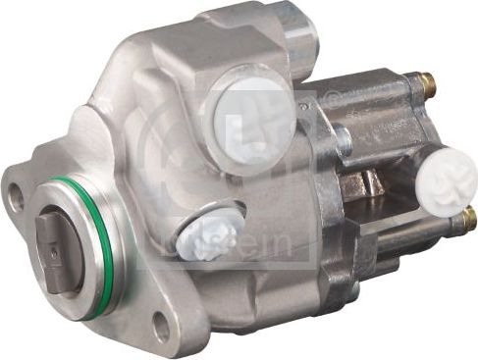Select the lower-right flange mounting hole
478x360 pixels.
tap(162, 326)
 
